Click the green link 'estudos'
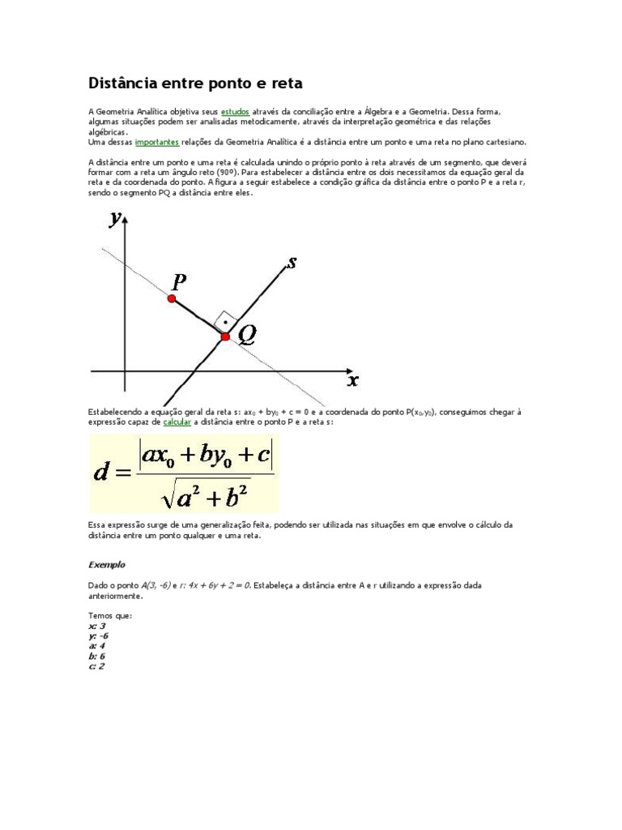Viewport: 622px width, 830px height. click(234, 111)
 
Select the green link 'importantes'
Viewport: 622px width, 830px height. click(156, 141)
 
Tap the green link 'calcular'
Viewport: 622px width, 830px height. click(177, 422)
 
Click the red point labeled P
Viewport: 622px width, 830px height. click(172, 298)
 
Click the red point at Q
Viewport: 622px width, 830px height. click(225, 336)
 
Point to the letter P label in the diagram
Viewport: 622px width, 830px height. click(179, 280)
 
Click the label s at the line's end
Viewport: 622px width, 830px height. click(292, 262)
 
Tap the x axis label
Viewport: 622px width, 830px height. click(352, 379)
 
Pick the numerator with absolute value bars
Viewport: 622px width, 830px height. click(207, 455)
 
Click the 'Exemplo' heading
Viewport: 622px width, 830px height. click(106, 564)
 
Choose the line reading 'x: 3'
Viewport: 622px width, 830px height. click(96, 627)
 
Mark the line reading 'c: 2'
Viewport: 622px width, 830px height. click(96, 665)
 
